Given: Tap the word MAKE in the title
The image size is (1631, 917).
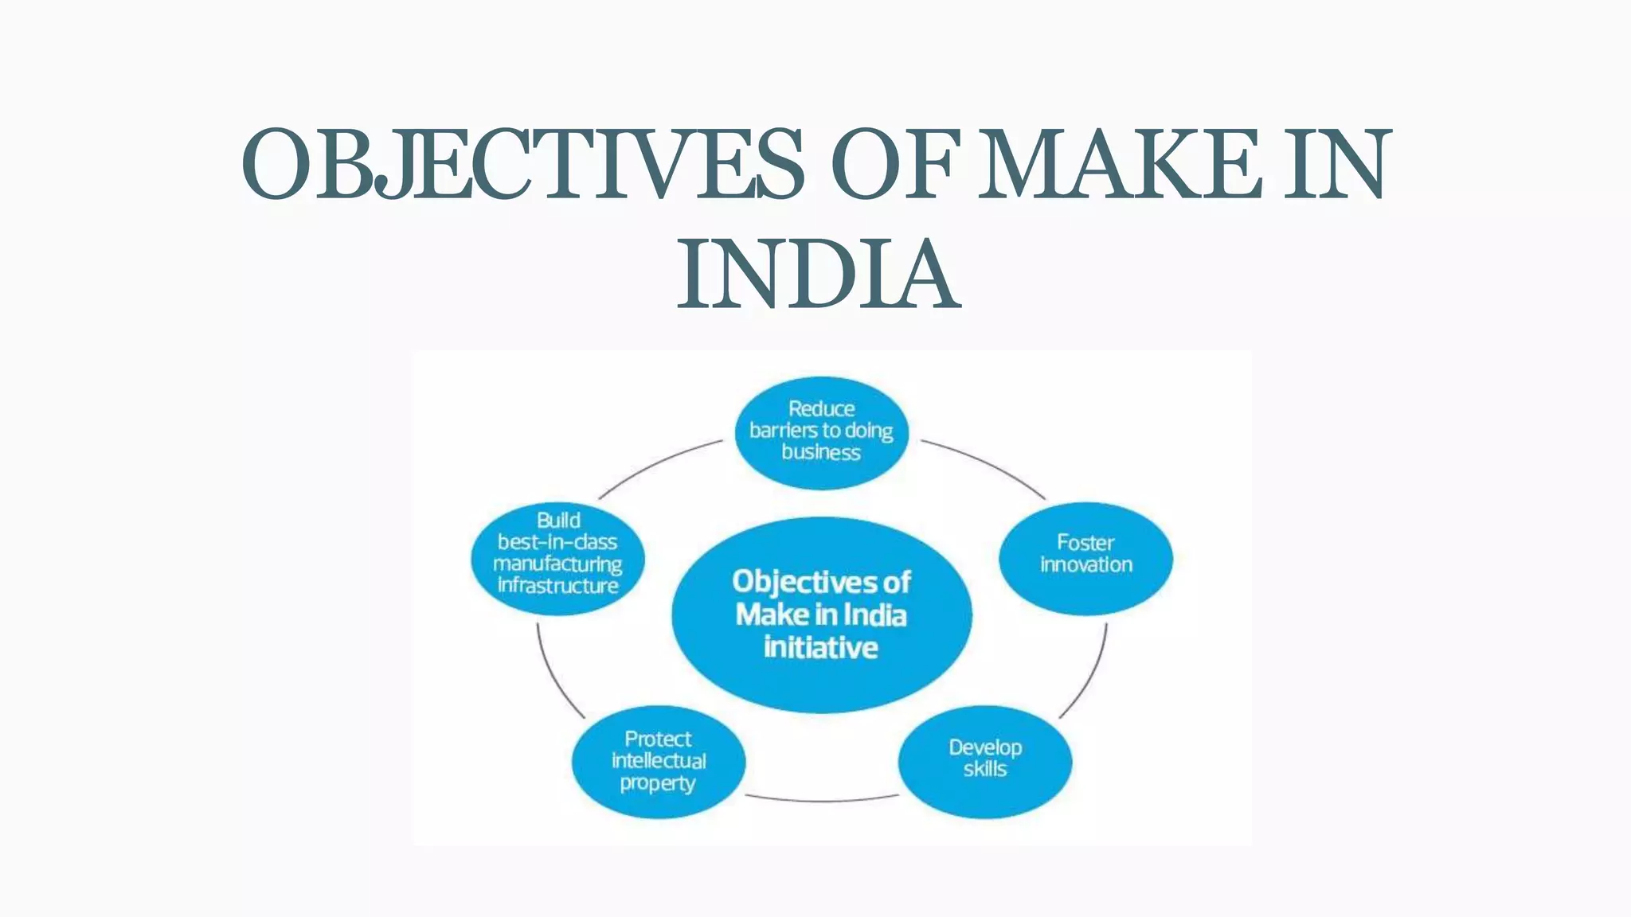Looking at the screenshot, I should click(x=1120, y=165).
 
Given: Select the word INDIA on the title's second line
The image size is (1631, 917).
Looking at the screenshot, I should click(x=818, y=275).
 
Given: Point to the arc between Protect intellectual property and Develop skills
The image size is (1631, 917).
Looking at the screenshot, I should click(x=821, y=800).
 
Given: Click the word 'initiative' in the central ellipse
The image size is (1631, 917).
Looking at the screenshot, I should click(x=821, y=647).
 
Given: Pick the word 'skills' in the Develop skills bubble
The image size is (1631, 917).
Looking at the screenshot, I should click(x=985, y=769).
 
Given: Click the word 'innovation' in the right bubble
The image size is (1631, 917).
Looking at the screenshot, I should click(x=1086, y=564).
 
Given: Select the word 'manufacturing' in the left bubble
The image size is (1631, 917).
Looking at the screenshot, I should click(x=557, y=564).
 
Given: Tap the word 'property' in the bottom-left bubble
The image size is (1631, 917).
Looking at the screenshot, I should click(x=658, y=783).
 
